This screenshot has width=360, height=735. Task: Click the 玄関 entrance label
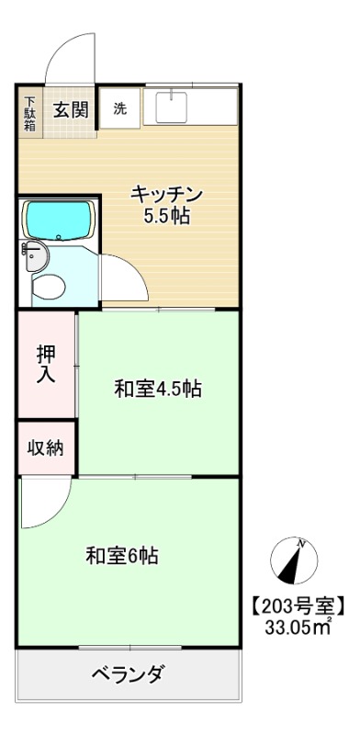[71, 110]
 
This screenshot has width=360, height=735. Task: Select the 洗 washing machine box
[120, 108]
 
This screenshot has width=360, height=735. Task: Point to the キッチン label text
[165, 194]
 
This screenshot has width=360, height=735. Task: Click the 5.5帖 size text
[165, 218]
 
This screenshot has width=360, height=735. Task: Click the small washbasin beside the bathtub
[34, 254]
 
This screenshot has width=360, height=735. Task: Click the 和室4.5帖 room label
[158, 389]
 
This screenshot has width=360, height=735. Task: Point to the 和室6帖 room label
[122, 556]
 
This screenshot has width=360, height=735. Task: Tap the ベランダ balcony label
[129, 675]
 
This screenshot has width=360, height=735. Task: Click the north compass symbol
[293, 561]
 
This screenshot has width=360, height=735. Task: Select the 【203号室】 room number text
[298, 605]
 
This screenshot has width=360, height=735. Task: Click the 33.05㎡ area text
[298, 628]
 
